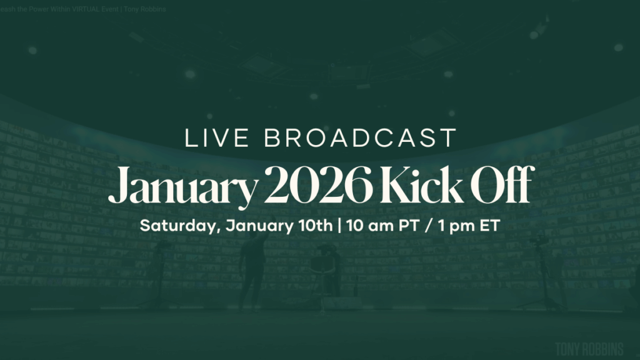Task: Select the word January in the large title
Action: pos(181,186)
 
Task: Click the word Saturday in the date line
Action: pos(177,226)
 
